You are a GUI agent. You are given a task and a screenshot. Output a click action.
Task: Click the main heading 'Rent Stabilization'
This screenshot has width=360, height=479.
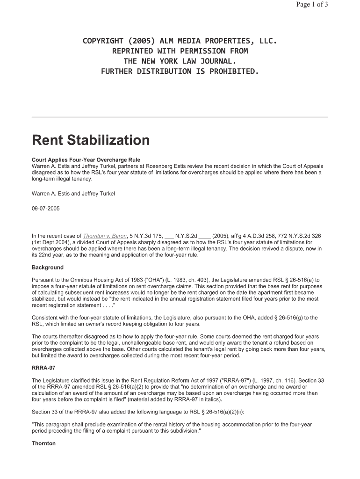(91, 140)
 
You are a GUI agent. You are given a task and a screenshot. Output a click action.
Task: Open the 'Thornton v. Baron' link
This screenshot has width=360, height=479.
(105, 236)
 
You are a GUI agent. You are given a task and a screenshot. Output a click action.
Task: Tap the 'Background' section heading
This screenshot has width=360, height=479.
(47, 268)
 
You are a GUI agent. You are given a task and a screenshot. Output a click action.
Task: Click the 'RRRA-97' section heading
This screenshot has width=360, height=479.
(43, 368)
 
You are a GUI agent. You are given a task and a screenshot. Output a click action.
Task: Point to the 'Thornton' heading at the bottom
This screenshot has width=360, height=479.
(43, 443)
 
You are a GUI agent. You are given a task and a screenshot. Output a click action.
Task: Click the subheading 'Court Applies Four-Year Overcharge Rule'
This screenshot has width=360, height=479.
(86, 160)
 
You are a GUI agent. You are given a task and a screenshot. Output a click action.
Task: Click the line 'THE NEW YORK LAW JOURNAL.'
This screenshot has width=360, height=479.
(180, 61)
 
